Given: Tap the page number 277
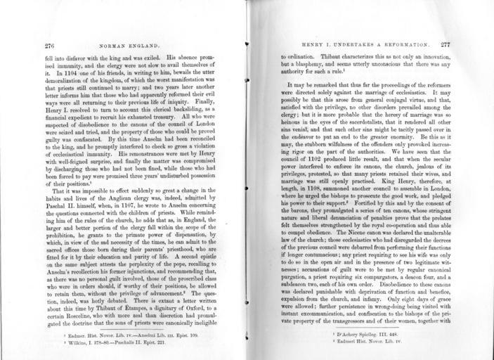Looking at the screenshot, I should click(x=446, y=43).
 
